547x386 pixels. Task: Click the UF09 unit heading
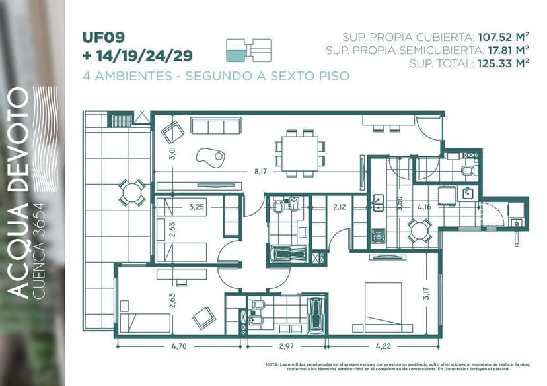click(104, 37)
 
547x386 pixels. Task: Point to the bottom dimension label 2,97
click(286, 345)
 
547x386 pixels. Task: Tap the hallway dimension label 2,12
click(340, 207)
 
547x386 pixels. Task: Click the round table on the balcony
click(132, 193)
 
